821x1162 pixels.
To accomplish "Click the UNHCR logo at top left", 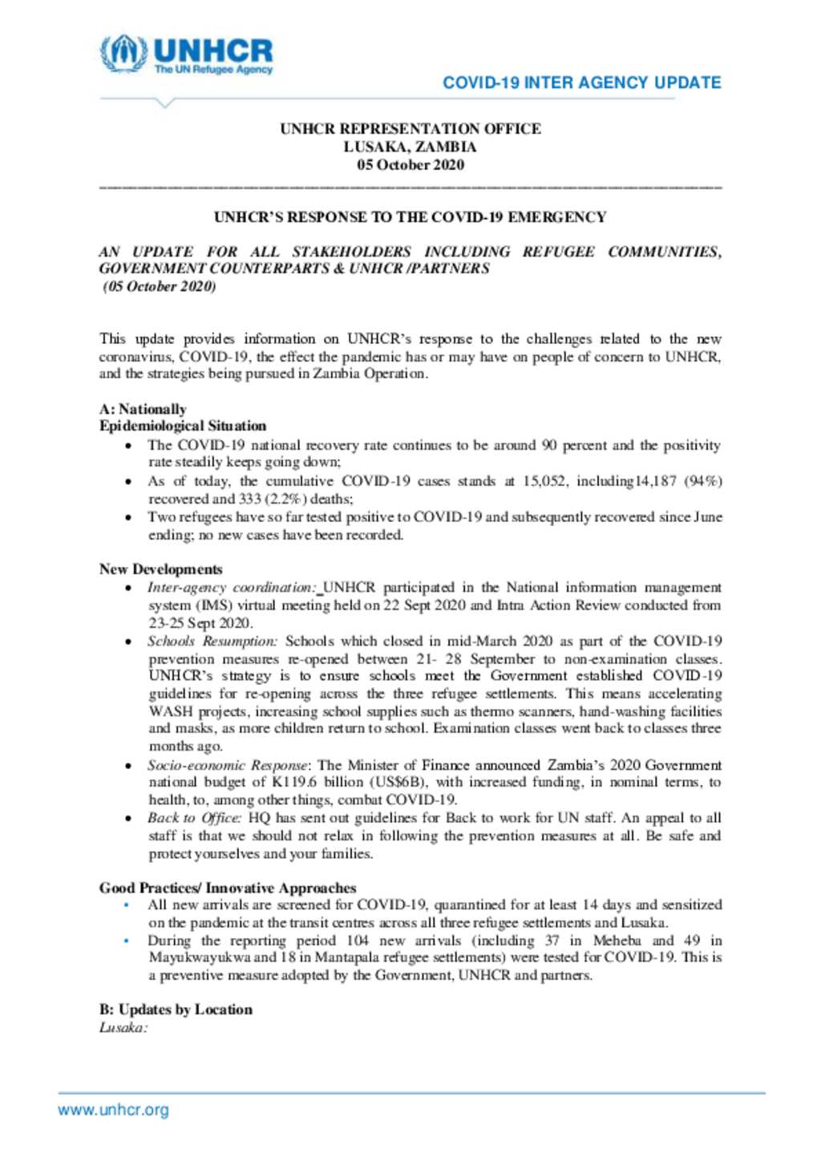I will click(x=186, y=55).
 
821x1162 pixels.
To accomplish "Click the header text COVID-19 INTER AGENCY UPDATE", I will click(x=581, y=83).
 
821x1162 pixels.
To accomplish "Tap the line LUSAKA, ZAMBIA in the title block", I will click(x=410, y=147).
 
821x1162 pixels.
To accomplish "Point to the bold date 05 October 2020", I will click(x=410, y=165).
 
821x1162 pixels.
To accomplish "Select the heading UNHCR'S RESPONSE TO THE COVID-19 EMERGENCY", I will click(x=410, y=217).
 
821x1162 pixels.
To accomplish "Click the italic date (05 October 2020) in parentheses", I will click(x=160, y=287).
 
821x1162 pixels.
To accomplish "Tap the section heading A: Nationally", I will click(x=143, y=409).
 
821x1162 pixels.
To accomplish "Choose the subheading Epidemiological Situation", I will click(x=183, y=426).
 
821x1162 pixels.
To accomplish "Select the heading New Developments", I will click(x=161, y=569).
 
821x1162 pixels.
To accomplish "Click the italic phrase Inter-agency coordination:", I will click(x=232, y=588).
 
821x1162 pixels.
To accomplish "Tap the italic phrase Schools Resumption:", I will click(x=212, y=642).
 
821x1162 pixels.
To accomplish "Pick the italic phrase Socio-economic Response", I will click(x=228, y=766).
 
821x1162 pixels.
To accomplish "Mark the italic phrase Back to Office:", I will click(x=194, y=818).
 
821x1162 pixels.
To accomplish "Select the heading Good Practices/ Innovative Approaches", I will click(x=228, y=888).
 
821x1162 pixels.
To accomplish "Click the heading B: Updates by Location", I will click(x=176, y=1010).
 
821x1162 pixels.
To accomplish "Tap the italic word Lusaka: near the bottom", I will click(x=123, y=1027).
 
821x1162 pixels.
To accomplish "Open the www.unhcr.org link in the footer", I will click(x=113, y=1111).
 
